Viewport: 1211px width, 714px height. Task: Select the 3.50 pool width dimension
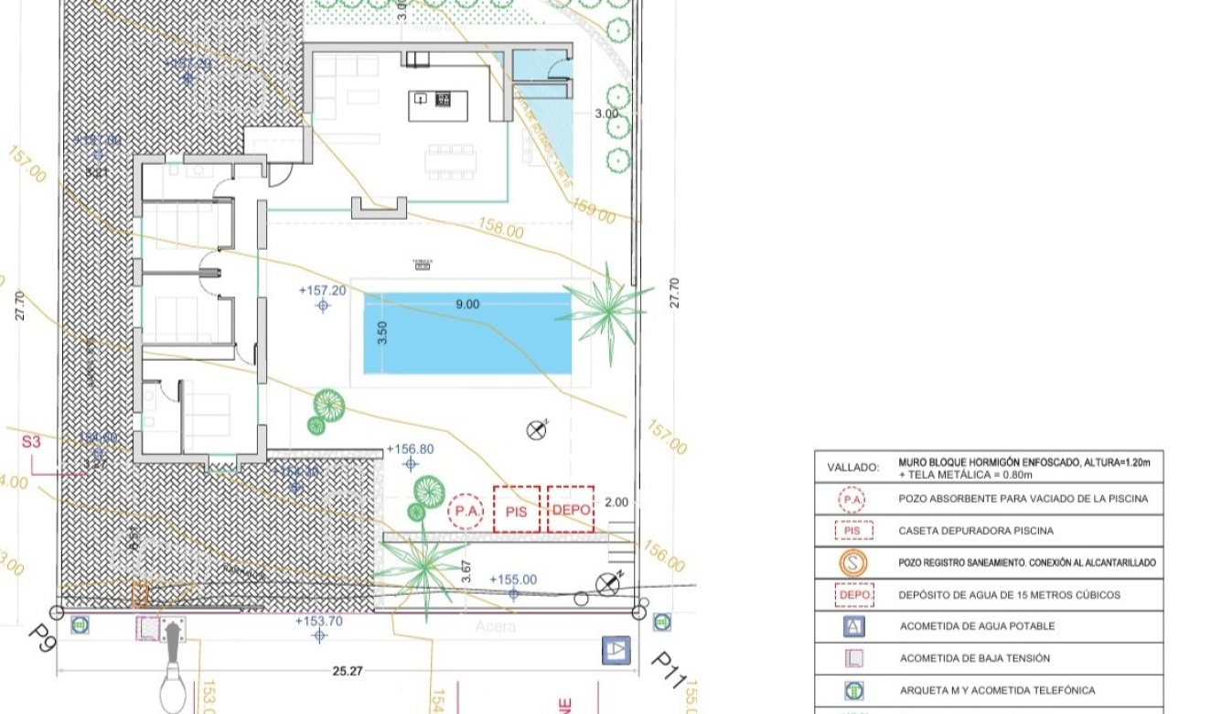point(382,332)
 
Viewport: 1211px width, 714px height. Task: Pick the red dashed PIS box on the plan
point(517,510)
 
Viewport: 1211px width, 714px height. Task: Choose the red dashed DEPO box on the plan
point(571,510)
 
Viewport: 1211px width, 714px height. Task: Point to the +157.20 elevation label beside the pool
point(322,290)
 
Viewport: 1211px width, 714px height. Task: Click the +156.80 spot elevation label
point(410,449)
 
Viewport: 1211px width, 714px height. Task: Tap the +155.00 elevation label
point(513,579)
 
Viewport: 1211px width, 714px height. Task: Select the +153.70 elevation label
point(318,621)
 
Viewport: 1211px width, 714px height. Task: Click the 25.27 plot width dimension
point(347,671)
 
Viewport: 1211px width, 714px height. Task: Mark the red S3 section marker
point(32,441)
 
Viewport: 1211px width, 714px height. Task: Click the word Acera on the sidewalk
point(495,627)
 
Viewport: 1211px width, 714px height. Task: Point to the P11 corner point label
point(668,671)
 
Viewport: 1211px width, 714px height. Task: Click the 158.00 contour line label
point(501,229)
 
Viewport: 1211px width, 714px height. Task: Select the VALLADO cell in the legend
point(852,467)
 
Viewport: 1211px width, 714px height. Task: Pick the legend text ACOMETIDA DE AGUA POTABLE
point(977,626)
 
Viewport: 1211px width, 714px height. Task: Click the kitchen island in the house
point(432,105)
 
